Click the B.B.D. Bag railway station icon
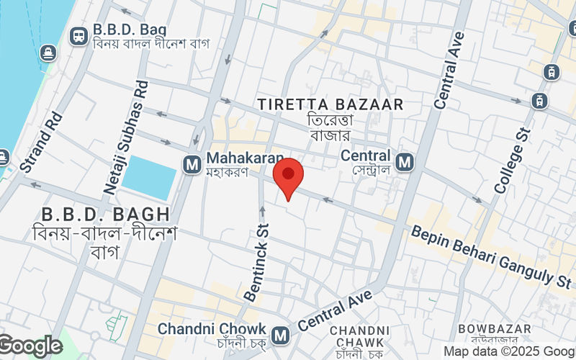pyautogui.click(x=78, y=34)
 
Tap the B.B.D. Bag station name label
pyautogui.click(x=130, y=30)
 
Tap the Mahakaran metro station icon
pyautogui.click(x=192, y=164)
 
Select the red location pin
pyautogui.click(x=289, y=179)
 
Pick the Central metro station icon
pyautogui.click(x=405, y=163)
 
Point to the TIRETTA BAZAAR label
pyautogui.click(x=330, y=105)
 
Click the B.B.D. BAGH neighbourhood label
pyautogui.click(x=106, y=214)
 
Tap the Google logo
pyautogui.click(x=30, y=346)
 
